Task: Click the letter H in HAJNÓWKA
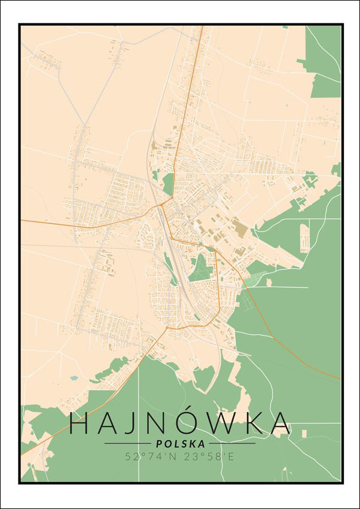(81, 423)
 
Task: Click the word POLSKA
(179, 444)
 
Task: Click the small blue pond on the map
(73, 378)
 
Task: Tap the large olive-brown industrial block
(240, 227)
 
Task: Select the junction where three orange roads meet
(162, 205)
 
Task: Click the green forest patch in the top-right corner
(323, 60)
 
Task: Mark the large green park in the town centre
(200, 267)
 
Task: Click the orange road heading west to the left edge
(60, 224)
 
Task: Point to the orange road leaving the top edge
(200, 36)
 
